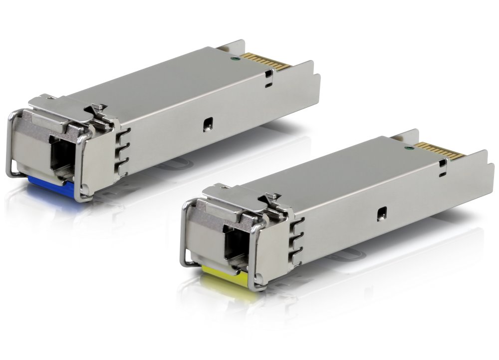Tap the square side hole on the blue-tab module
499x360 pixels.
click(x=207, y=124)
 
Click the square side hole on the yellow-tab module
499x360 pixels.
click(x=382, y=212)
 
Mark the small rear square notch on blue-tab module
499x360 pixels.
click(x=268, y=74)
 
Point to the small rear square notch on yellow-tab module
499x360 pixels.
click(x=443, y=163)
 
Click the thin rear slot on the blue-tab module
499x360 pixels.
click(x=269, y=85)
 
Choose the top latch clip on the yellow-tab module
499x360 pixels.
click(x=273, y=199)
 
